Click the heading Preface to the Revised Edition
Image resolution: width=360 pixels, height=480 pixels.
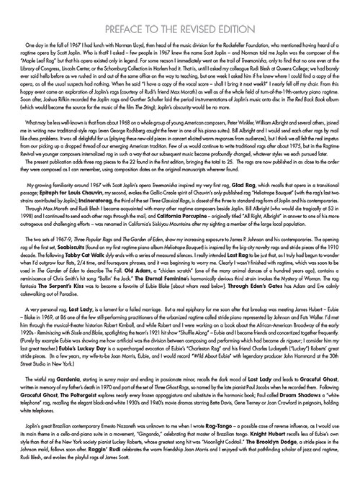[x=179, y=11]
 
